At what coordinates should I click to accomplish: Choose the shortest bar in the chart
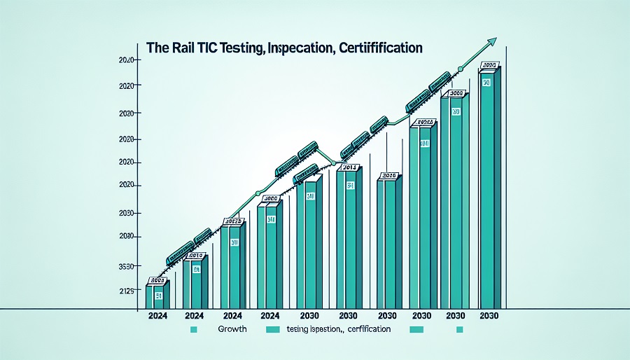(157, 296)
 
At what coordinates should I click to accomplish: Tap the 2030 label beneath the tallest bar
(489, 316)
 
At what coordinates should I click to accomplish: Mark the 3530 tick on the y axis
(127, 267)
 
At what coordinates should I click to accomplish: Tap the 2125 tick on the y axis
(127, 290)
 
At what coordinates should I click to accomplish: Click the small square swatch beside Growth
(197, 328)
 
